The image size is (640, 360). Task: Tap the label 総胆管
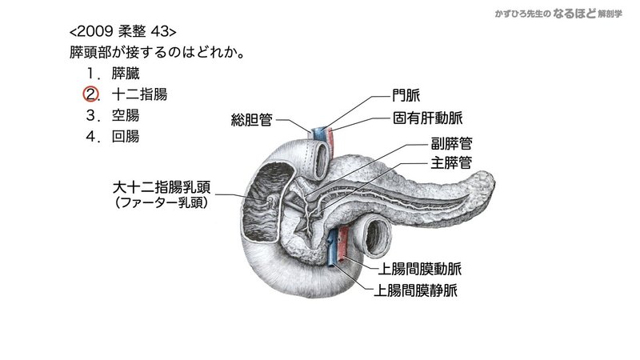click(x=250, y=121)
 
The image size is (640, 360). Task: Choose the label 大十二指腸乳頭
click(x=162, y=189)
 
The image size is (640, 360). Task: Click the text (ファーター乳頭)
click(x=162, y=204)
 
